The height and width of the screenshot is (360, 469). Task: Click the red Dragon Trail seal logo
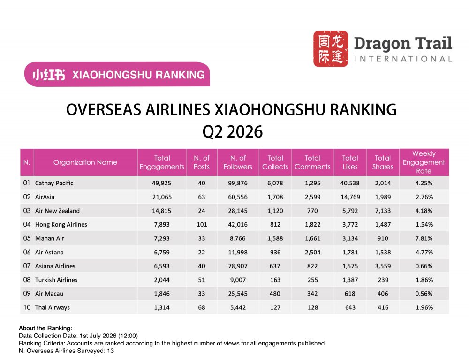coord(331,48)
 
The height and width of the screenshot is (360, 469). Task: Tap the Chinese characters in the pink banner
coord(49,75)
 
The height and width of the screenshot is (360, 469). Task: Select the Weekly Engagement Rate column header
coord(424,162)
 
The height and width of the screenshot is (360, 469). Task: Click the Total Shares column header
coord(383,162)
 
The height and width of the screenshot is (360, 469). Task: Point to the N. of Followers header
coord(238,162)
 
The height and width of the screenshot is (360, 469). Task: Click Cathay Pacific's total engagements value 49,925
coord(161,183)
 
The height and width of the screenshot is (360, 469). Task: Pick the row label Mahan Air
coord(49,238)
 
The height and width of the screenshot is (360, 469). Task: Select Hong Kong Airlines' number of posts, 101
coord(202,224)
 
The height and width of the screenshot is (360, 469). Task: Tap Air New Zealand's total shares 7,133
coord(383,211)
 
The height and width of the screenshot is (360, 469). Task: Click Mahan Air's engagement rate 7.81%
coord(424,238)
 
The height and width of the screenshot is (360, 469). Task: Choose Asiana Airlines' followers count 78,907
coord(238,266)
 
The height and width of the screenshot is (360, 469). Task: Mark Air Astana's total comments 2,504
coord(312,252)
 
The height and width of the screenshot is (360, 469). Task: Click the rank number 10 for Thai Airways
coord(27,307)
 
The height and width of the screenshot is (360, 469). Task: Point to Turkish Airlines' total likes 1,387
coord(350,280)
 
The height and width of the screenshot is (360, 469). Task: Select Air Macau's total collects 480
coord(275,293)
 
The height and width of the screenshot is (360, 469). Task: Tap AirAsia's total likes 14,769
coord(350,197)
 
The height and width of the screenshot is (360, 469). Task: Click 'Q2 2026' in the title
coord(233,132)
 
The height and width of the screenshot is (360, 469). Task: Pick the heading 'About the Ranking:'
coord(45,328)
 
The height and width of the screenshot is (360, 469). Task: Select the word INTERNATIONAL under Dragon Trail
coord(403,59)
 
